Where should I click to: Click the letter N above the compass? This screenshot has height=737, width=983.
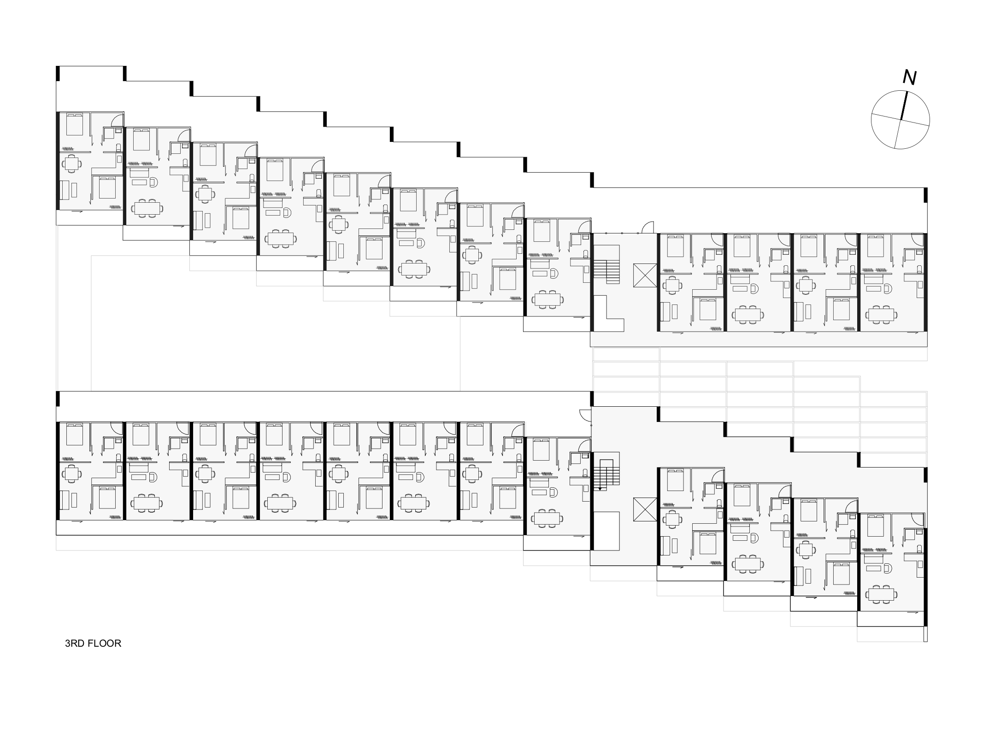point(909,78)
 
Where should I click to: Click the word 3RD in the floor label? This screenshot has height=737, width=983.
point(75,643)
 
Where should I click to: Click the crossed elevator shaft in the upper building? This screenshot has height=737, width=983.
point(645,275)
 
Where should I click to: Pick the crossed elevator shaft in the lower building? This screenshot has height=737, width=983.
point(645,509)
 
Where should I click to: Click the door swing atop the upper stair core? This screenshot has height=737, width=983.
point(647,228)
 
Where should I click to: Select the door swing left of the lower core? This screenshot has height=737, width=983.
point(585,415)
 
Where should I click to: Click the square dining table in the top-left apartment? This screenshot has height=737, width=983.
point(71,163)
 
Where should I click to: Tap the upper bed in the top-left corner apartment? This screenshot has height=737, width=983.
point(74,124)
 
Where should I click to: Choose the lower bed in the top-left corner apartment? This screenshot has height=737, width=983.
point(107,187)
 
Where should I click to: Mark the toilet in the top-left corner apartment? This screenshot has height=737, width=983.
point(118,147)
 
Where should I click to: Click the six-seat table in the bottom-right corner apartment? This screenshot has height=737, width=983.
point(881,594)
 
